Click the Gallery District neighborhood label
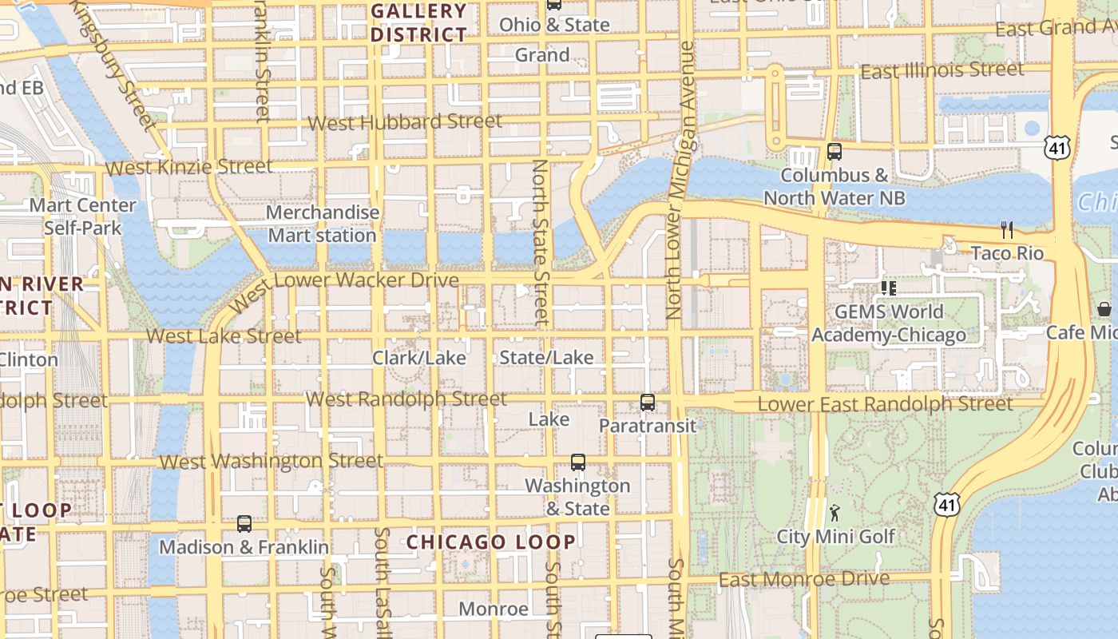pos(418,22)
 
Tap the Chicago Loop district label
pos(490,542)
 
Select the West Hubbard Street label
pos(405,122)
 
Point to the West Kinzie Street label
pos(188,167)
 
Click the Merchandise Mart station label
pos(322,224)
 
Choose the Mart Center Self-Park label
pos(83,216)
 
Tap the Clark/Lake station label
pos(418,358)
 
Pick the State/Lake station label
pos(546,357)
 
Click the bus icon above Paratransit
pos(648,403)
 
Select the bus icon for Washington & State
pos(577,462)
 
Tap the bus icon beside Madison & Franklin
pos(244,524)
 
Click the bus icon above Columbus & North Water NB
pos(835,152)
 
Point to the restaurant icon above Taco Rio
pos(1007,231)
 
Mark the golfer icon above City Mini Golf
pos(835,512)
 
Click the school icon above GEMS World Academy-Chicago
pos(888,288)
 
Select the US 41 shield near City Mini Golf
pos(946,504)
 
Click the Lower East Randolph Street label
pos(885,403)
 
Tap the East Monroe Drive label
pos(804,579)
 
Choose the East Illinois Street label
pos(942,71)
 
